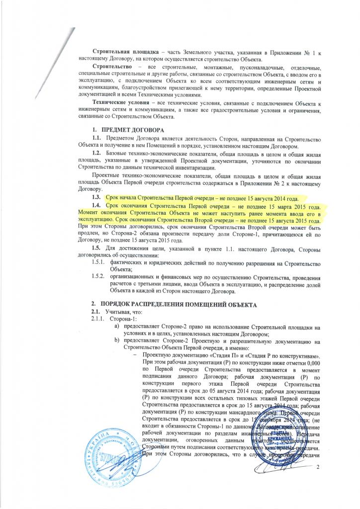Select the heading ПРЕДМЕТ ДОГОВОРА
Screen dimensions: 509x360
pos(130,130)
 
